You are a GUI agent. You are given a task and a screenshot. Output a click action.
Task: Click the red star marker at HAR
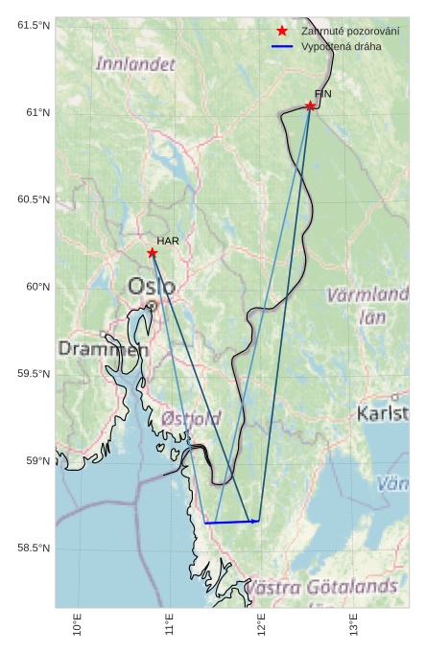click(153, 252)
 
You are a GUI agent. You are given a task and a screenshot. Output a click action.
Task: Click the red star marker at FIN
click(310, 105)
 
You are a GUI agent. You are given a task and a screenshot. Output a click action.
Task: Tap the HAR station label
click(168, 241)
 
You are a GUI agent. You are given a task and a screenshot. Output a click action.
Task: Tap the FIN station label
click(322, 93)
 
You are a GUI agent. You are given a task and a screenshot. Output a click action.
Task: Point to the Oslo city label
click(152, 286)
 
